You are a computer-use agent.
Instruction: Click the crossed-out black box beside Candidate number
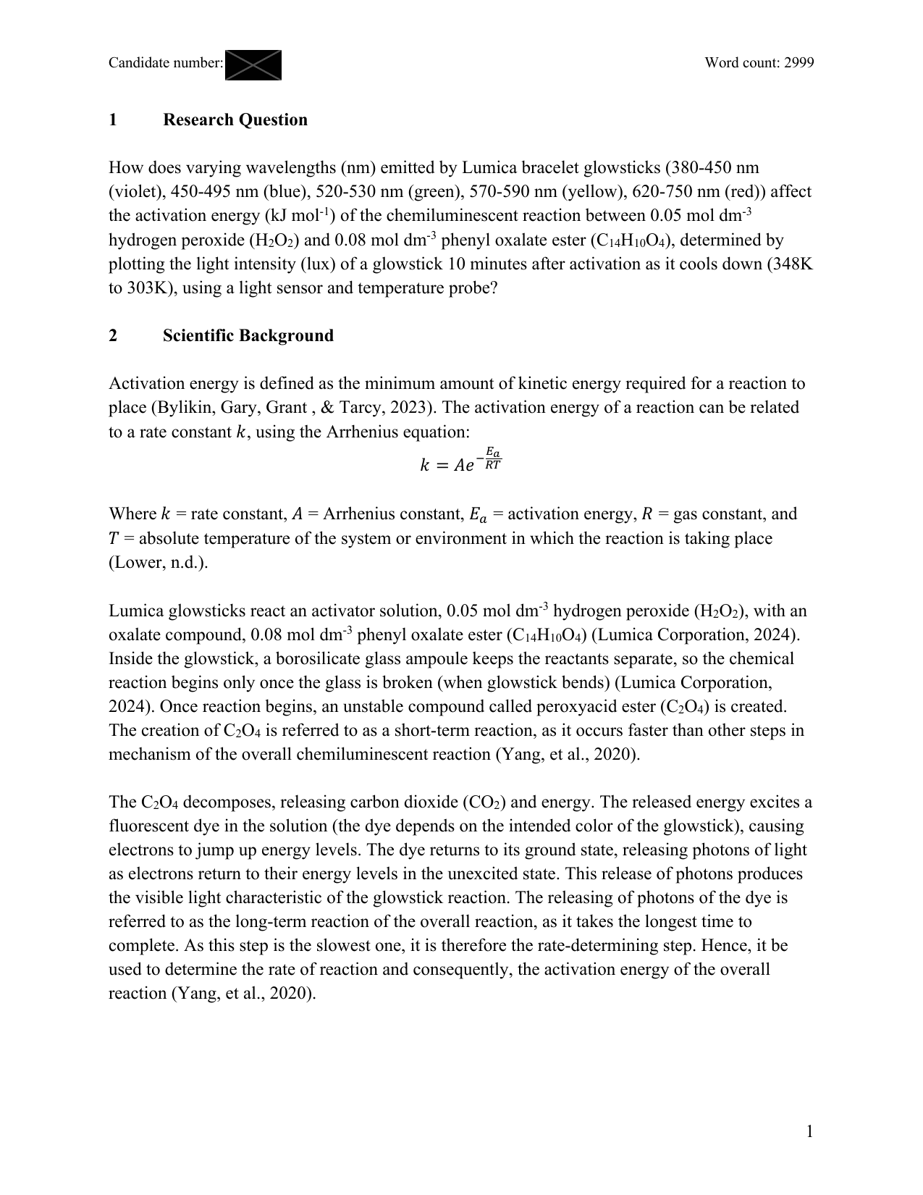[253, 64]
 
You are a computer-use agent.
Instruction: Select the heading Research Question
[235, 119]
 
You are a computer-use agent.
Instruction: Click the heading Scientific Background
[248, 335]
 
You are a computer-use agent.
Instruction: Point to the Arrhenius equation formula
[460, 461]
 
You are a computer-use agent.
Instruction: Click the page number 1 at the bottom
[809, 1131]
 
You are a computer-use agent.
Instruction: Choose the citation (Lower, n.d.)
[158, 563]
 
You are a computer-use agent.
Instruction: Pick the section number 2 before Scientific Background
[113, 335]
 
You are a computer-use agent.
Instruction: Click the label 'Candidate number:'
[166, 63]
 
